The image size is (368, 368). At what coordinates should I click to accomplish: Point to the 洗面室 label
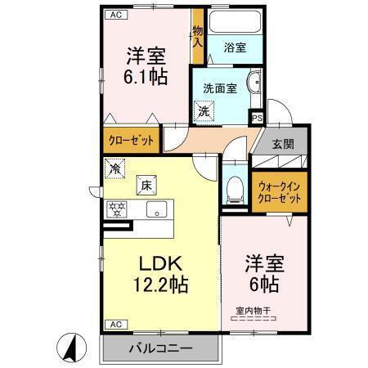(x=218, y=87)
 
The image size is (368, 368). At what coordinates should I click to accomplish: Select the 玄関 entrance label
(x=283, y=144)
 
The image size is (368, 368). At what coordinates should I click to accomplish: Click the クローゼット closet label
(x=131, y=140)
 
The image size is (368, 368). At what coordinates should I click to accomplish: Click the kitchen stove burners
(x=116, y=209)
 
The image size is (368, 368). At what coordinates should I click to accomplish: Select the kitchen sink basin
(x=155, y=209)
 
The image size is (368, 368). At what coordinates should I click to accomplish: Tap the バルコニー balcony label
(x=160, y=349)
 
